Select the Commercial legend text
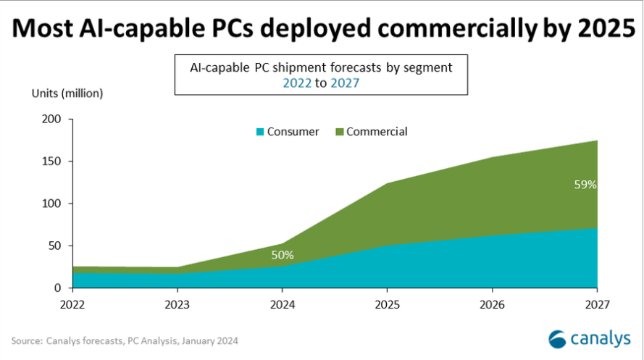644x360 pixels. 377,132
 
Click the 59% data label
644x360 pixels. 585,185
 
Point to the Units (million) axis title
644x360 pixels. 67,93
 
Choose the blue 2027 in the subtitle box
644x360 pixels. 345,83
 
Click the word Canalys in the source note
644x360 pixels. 64,340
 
